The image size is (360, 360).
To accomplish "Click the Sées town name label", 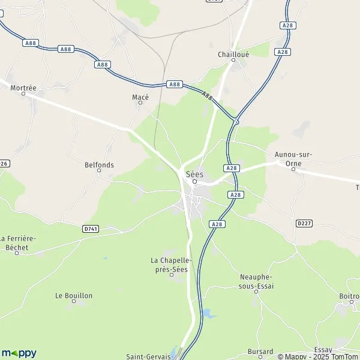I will click(x=195, y=174).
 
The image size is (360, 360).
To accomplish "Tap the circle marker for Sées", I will click(x=195, y=182).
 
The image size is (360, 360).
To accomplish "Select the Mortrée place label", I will click(x=24, y=88).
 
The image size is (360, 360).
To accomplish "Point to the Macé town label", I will click(x=140, y=97).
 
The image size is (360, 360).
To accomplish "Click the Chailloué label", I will click(x=233, y=54).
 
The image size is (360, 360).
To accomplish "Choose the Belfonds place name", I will click(x=99, y=164).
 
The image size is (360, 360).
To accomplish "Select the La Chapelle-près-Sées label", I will click(x=171, y=265).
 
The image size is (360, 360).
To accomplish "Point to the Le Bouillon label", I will click(x=74, y=295).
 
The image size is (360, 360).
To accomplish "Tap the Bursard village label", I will click(x=260, y=352).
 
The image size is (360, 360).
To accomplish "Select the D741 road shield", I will click(x=90, y=229).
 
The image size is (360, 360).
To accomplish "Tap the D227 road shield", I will click(x=304, y=224).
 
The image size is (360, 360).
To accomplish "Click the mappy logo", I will click(x=19, y=353).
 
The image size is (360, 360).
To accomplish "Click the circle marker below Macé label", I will click(x=140, y=103).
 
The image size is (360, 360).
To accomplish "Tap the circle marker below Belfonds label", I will click(x=99, y=170).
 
